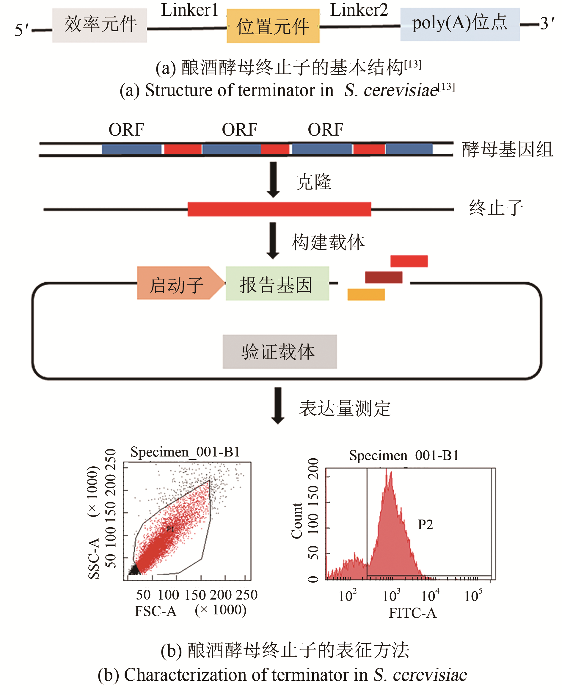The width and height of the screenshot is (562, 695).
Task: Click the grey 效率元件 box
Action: point(99,25)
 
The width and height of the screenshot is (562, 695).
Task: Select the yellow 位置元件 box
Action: point(273,26)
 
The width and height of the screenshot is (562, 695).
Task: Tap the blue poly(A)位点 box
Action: point(460,24)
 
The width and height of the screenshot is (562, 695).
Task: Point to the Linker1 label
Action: point(190,10)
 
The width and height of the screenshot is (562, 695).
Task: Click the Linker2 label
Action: point(359,10)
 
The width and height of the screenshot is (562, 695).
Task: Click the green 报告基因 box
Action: point(277,284)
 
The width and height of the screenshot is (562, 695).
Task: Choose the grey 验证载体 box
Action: point(280,352)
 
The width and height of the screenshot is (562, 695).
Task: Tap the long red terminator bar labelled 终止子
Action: point(279,209)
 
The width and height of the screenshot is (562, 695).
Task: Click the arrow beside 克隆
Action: point(273,179)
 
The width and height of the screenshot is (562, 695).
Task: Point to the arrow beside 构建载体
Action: point(273,240)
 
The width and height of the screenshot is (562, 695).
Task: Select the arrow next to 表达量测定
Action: point(277,405)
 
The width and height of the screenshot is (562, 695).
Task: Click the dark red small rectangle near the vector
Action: point(384,277)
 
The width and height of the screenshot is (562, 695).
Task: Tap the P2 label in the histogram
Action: point(425,524)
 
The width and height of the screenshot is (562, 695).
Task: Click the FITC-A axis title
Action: point(412,613)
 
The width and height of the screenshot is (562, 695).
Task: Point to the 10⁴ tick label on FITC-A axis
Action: point(430,596)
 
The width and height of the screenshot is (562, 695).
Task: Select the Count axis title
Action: point(297,521)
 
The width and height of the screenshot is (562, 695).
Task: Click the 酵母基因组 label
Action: point(507,150)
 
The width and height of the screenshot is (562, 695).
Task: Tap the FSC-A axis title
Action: point(156,611)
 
